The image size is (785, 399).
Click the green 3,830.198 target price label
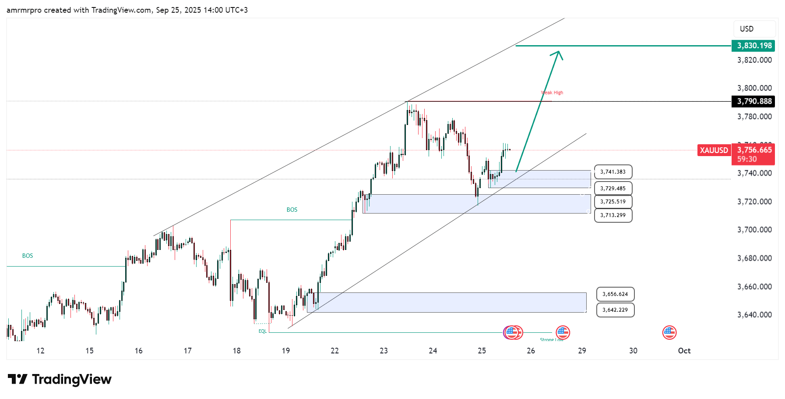click(x=753, y=46)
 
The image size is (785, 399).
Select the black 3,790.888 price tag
click(x=753, y=101)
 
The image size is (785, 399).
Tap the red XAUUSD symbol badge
click(x=714, y=150)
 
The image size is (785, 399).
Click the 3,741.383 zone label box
click(x=613, y=172)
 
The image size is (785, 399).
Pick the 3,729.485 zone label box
click(x=613, y=189)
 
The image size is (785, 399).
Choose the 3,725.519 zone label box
click(x=613, y=202)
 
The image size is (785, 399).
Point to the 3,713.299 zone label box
click(x=613, y=215)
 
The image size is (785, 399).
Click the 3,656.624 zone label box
click(x=615, y=294)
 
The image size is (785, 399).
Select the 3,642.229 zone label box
click(x=615, y=310)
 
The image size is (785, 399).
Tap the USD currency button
click(x=754, y=29)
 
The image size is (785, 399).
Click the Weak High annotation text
click(x=552, y=93)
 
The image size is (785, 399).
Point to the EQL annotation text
click(x=262, y=331)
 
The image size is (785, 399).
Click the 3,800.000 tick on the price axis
click(x=754, y=88)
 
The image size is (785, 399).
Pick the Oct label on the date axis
click(x=684, y=351)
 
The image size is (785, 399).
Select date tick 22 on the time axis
click(x=335, y=351)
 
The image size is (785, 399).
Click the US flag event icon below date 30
click(x=669, y=333)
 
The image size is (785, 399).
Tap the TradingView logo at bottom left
click(x=60, y=379)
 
